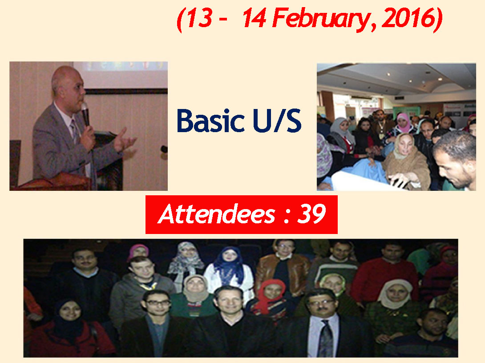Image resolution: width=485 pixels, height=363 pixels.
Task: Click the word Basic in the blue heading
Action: pyautogui.click(x=210, y=121)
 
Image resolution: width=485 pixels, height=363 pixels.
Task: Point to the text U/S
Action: pyautogui.click(x=277, y=121)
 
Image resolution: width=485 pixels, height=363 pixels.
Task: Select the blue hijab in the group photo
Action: pyautogui.click(x=229, y=264)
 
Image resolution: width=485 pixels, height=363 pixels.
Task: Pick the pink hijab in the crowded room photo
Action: pyautogui.click(x=403, y=122)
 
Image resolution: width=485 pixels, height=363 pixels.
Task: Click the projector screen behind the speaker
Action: pyautogui.click(x=121, y=74)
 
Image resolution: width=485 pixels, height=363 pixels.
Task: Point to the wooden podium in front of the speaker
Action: pyautogui.click(x=53, y=182)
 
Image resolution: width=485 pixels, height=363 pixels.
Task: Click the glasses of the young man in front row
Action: pyautogui.click(x=158, y=302)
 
